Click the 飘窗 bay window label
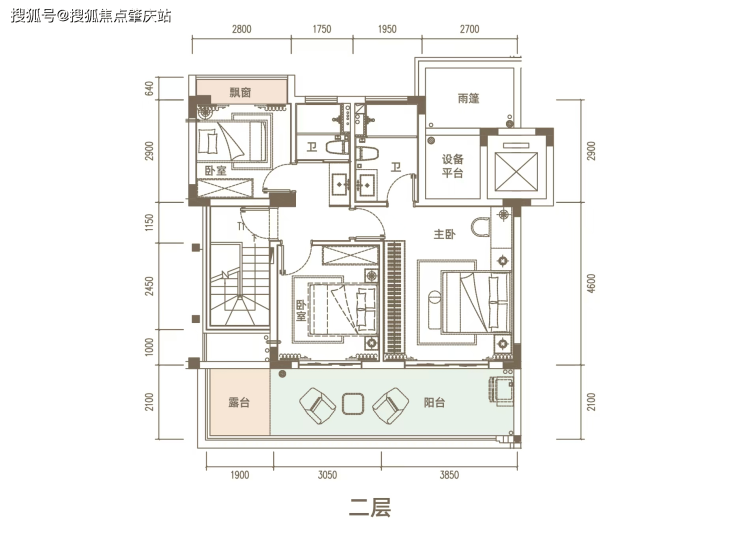coord(240,92)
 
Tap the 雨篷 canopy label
coord(468,98)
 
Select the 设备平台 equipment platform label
coord(453,166)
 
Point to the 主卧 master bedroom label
coord(444,234)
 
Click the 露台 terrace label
coord(239,402)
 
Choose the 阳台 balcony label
coord(434,402)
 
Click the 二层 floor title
coord(370,508)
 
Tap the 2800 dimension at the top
coord(241,29)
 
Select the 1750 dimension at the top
coord(322,29)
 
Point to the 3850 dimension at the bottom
coord(449,475)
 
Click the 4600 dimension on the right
coord(592,283)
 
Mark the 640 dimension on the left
coord(149,88)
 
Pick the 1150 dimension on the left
coord(149,223)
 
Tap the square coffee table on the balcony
coord(353,404)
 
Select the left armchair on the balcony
coord(317,405)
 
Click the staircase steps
coord(239,284)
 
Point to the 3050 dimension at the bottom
coord(327,475)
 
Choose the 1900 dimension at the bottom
coord(239,475)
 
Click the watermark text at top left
coord(91,16)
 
